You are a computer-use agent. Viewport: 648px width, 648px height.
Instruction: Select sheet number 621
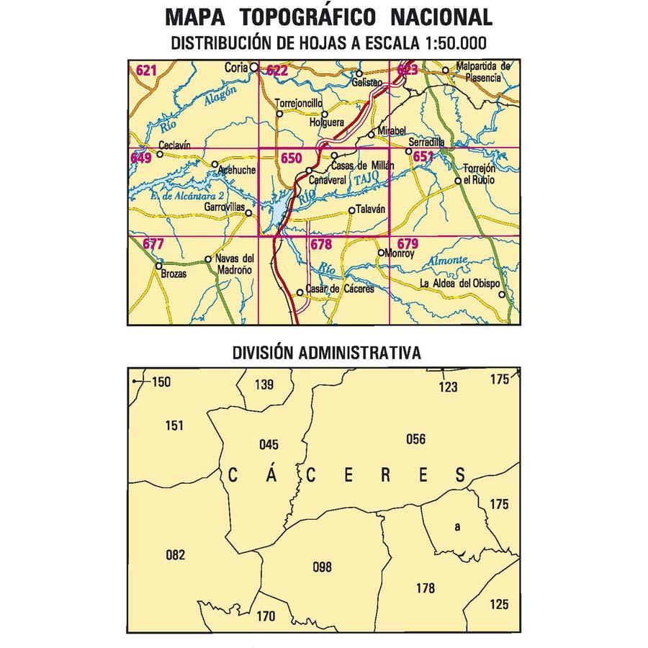click(146, 70)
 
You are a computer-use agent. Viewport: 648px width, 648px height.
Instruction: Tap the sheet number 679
click(408, 243)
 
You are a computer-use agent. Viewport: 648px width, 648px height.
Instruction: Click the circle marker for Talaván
click(351, 211)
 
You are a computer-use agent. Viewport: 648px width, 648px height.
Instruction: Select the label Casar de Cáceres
click(340, 289)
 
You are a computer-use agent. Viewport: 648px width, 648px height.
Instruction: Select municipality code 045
click(268, 444)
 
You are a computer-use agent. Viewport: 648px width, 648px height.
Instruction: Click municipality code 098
click(323, 567)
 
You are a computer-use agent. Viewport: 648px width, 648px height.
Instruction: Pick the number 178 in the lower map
click(425, 588)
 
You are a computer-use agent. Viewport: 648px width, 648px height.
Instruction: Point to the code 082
click(175, 554)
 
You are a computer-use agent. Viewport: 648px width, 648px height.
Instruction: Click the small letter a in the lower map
click(456, 527)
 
